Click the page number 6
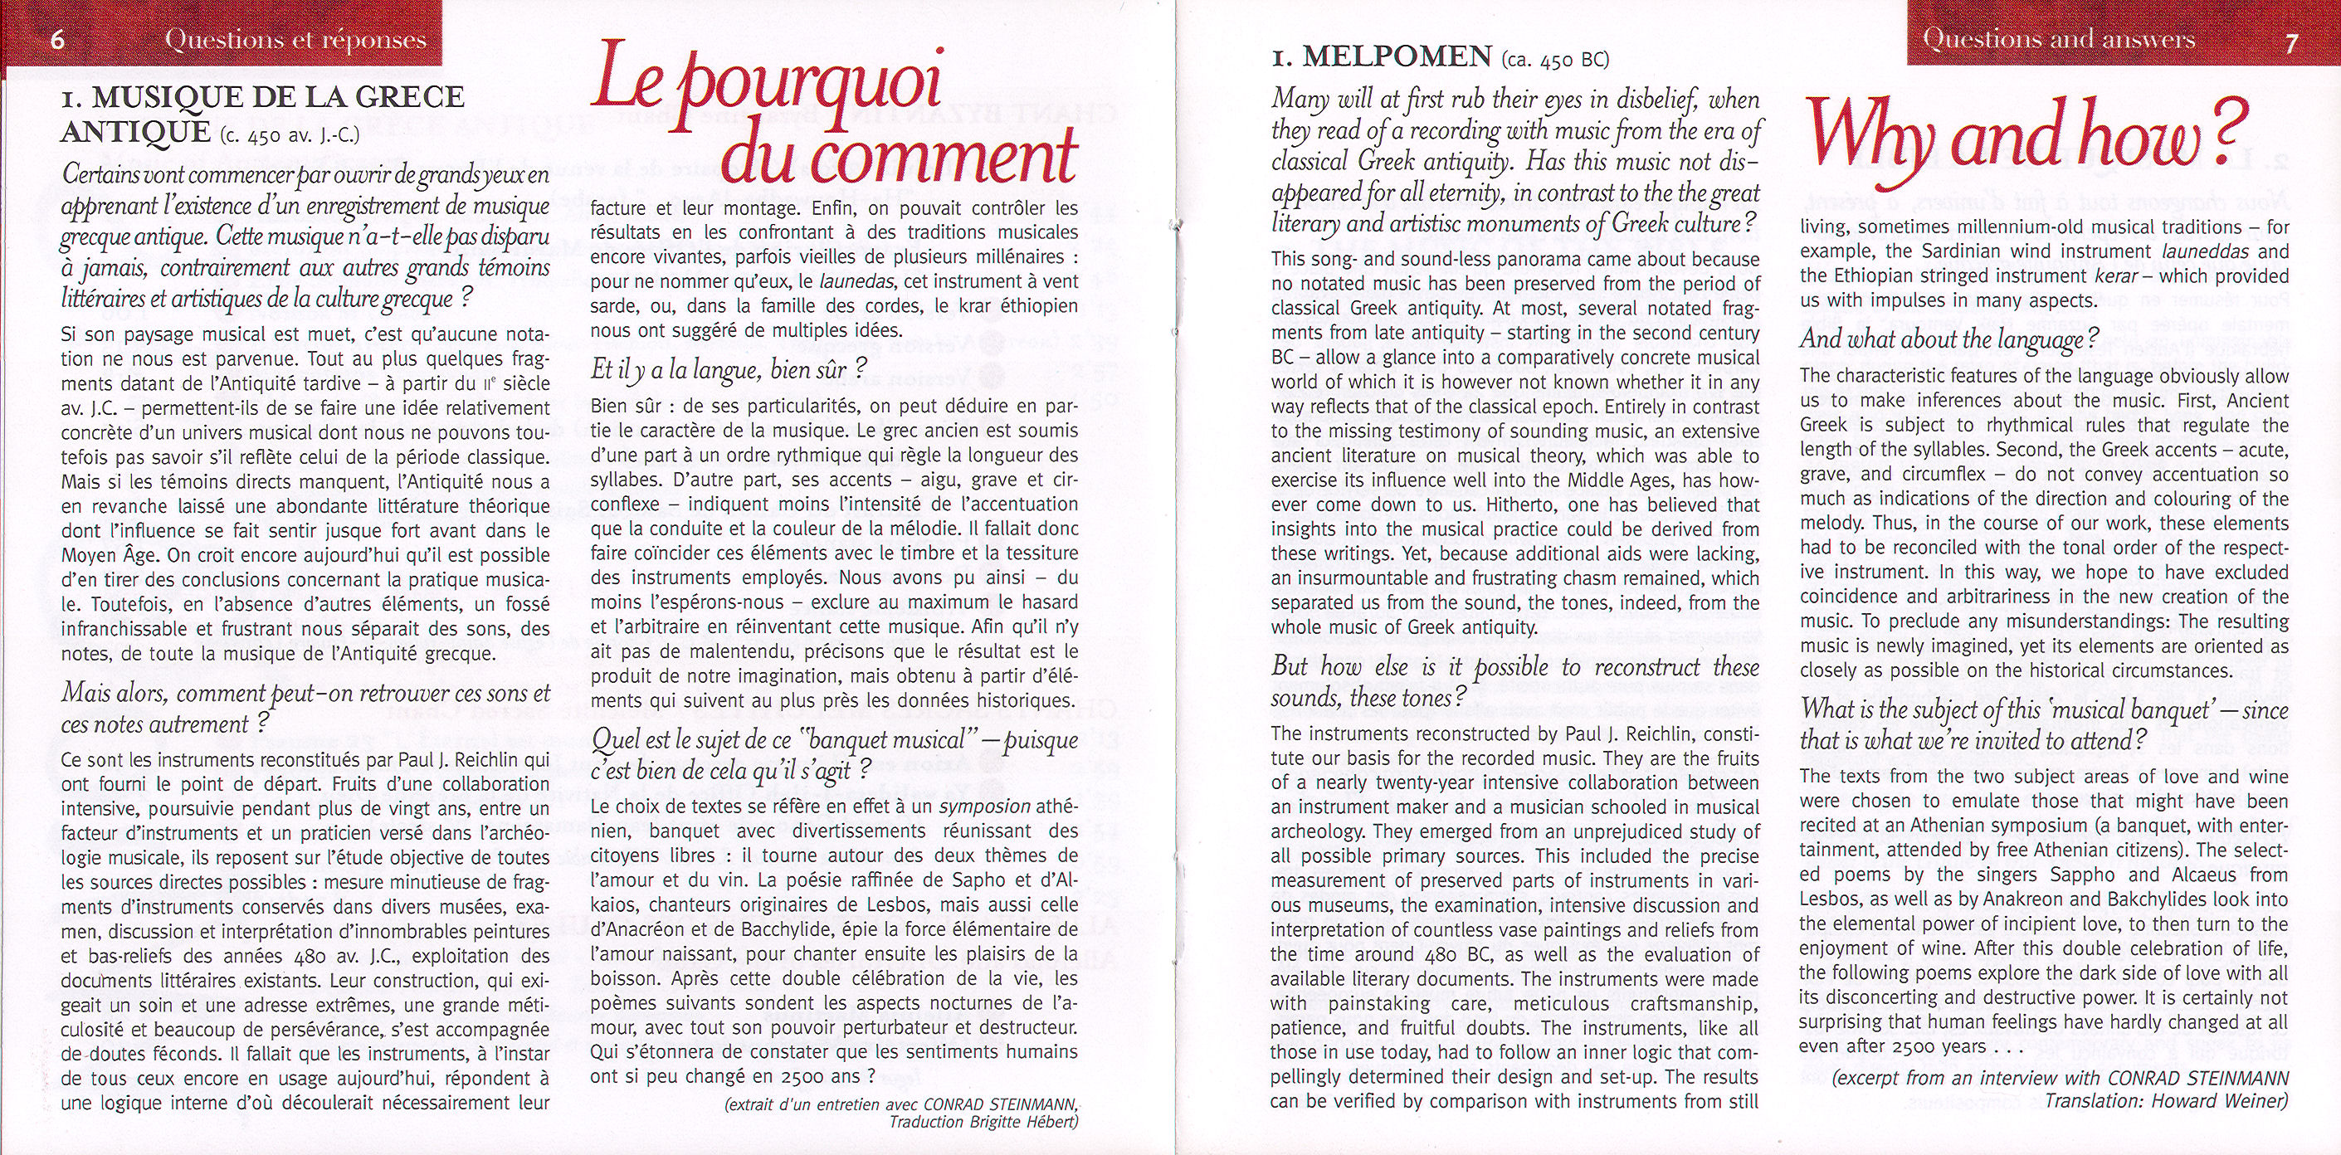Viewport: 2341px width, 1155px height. tap(56, 41)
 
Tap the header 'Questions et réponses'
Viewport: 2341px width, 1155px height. tap(296, 40)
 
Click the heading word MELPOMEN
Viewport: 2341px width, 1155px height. tap(1397, 58)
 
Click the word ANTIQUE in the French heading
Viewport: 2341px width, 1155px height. tap(135, 133)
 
